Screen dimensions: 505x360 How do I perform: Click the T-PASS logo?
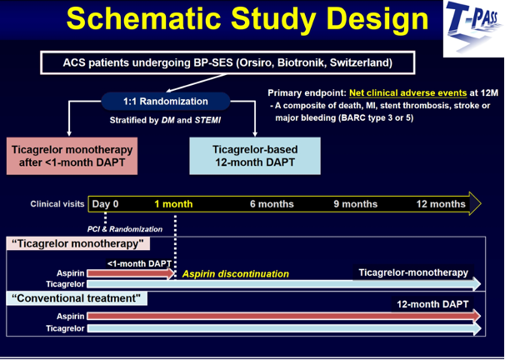(473, 28)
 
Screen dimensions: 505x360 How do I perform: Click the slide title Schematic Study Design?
(247, 18)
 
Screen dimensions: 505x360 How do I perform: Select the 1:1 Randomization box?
(166, 102)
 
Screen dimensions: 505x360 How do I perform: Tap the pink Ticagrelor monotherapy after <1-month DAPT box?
(72, 156)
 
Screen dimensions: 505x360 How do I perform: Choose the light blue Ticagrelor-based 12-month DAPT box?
(255, 156)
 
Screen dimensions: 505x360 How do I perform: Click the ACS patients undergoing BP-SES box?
(227, 62)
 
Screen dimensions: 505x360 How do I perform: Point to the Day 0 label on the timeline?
(105, 204)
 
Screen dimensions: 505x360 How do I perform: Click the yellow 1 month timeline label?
(173, 204)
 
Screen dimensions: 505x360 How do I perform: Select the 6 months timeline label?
(272, 204)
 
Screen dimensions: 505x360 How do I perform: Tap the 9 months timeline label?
(356, 204)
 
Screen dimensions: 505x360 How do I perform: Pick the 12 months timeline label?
(441, 204)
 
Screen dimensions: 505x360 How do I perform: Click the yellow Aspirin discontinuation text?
(236, 274)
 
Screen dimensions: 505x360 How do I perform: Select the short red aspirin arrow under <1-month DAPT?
(131, 273)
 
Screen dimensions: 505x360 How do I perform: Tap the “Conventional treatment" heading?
(77, 298)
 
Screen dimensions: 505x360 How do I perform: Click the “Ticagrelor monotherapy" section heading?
(78, 244)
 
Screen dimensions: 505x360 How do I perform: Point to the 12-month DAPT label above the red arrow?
(432, 304)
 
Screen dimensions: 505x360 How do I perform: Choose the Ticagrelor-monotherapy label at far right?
(413, 272)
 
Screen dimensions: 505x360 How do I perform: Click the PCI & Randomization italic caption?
(125, 229)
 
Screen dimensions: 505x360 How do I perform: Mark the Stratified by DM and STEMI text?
(165, 121)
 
